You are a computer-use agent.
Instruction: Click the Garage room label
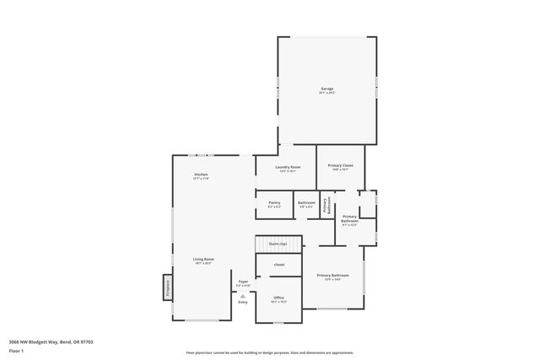327,89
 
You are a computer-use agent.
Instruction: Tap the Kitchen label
201,175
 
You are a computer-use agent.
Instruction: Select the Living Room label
202,259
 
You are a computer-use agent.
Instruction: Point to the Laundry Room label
288,167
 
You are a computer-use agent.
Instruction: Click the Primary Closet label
340,165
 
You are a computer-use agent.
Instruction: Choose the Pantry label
274,202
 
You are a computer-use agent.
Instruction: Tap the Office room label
278,298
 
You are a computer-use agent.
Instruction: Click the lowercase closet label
278,265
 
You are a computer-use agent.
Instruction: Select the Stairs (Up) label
278,243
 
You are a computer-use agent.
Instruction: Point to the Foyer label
243,281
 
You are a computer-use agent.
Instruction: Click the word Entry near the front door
243,302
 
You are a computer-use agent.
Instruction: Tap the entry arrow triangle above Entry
243,295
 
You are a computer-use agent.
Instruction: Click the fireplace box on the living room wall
167,287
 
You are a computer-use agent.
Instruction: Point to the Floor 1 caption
17,350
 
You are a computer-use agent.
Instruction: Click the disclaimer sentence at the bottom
269,352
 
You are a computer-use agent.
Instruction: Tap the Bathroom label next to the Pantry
306,202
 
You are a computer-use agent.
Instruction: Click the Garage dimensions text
327,93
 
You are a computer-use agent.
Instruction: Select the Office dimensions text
278,302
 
